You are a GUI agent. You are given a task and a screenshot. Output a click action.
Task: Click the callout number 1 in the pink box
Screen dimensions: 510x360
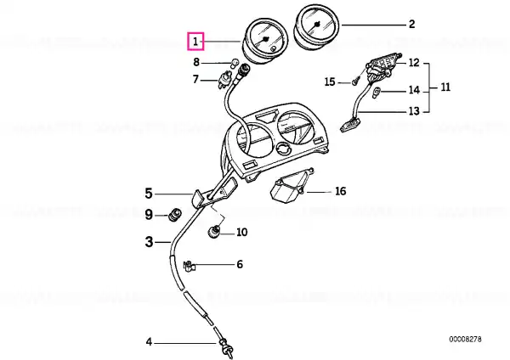tap(195, 42)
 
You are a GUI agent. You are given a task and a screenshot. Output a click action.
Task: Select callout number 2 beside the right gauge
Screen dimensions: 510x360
tap(411, 24)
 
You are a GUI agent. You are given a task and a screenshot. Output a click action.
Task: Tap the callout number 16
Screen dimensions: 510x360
tap(340, 191)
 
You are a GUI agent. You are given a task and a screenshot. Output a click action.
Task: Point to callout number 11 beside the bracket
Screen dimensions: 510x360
tap(445, 87)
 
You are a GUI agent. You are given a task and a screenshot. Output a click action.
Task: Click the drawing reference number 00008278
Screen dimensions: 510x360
tap(465, 340)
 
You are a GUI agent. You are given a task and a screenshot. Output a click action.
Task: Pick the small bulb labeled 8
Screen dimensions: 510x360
tap(234, 63)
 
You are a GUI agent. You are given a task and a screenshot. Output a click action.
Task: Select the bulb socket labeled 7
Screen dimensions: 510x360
tap(224, 81)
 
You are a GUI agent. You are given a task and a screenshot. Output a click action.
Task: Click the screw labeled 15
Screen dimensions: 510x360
tap(356, 81)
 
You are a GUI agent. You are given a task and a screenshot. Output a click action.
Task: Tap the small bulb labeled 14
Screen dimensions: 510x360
tap(377, 93)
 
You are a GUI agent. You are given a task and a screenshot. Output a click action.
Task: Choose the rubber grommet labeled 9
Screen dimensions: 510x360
tap(175, 215)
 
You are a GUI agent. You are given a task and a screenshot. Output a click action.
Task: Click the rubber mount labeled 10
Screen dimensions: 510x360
tap(214, 231)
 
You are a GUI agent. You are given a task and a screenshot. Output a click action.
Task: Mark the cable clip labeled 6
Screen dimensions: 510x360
tap(189, 266)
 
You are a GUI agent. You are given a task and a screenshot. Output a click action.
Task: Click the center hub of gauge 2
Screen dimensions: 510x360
tap(317, 24)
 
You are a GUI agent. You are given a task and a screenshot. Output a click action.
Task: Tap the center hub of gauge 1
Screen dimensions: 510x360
tap(266, 39)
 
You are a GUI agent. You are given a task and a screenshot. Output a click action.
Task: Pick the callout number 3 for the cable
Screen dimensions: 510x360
tap(149, 242)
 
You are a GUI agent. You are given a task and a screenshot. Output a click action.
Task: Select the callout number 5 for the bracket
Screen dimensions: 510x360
tap(148, 194)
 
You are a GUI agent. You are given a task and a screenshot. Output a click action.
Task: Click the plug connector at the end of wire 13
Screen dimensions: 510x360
tap(350, 125)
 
